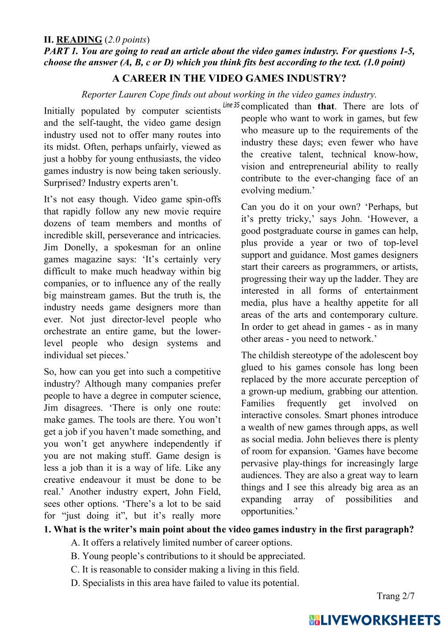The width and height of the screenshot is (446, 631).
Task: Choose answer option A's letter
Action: coord(74,543)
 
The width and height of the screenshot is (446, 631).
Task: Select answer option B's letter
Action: coord(74,556)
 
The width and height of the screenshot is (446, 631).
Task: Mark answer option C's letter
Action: coord(74,570)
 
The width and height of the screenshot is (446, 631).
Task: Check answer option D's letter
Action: coord(74,583)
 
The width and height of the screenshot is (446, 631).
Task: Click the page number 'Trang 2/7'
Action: coord(396,596)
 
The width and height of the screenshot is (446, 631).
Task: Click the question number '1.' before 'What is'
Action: coord(47,530)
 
